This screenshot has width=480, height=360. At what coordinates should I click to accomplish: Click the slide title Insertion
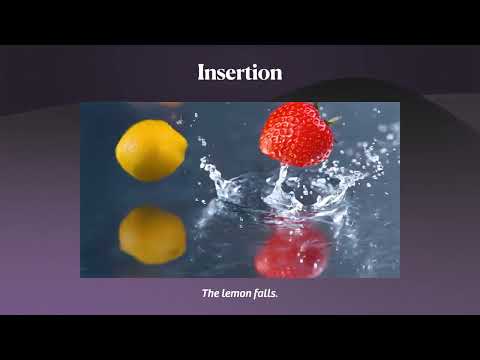tap(240, 72)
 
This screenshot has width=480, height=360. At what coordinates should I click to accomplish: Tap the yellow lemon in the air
tap(151, 150)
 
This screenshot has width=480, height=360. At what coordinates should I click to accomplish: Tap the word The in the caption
tap(210, 294)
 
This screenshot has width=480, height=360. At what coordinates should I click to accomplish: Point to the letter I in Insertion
tap(201, 72)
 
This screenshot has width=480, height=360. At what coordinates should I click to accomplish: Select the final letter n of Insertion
tap(276, 72)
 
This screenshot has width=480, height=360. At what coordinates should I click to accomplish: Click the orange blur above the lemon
tap(170, 105)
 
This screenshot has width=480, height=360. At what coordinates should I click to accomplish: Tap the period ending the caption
tap(277, 296)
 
